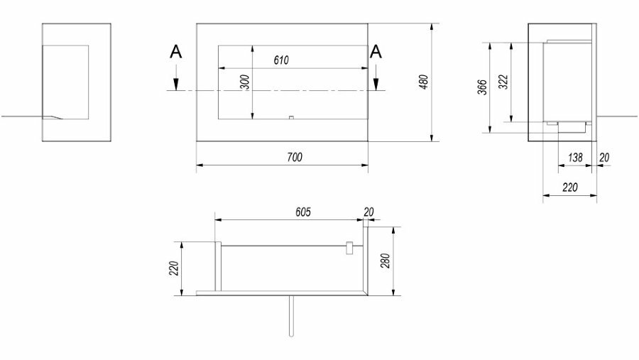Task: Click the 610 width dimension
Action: click(281, 60)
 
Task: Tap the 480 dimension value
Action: click(423, 82)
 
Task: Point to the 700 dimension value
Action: click(295, 157)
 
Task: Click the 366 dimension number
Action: click(482, 87)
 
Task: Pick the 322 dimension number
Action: click(503, 82)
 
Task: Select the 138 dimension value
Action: click(575, 158)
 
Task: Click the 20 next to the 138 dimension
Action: click(605, 158)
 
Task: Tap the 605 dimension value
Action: click(302, 212)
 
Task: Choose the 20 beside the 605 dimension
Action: click(368, 212)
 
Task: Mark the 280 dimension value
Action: click(385, 261)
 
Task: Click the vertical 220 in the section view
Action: click(174, 268)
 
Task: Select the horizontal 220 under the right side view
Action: click(569, 187)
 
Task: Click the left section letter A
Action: click(175, 52)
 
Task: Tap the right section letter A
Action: click(376, 52)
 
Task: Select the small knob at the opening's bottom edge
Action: click(291, 118)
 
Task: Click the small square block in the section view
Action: click(349, 248)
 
